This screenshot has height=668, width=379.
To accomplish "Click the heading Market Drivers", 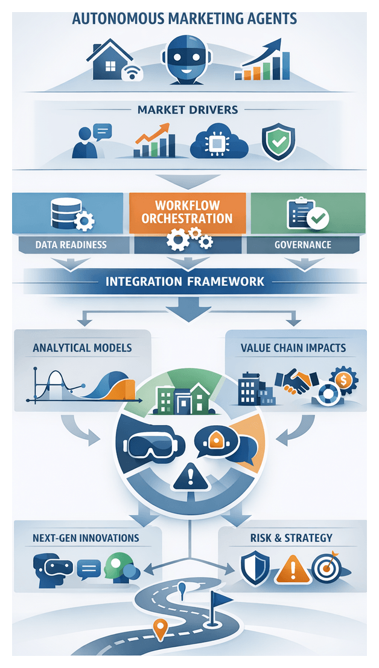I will point(188,110).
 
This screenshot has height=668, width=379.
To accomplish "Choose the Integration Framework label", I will point(185,281).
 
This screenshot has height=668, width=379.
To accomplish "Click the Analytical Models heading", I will point(82,348).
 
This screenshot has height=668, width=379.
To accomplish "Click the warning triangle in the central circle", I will point(188,478).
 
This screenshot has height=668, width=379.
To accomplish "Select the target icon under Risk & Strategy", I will point(326,568).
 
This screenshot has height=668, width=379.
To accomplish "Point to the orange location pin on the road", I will point(160,629).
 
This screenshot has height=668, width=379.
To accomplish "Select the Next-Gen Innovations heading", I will point(86,538).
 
